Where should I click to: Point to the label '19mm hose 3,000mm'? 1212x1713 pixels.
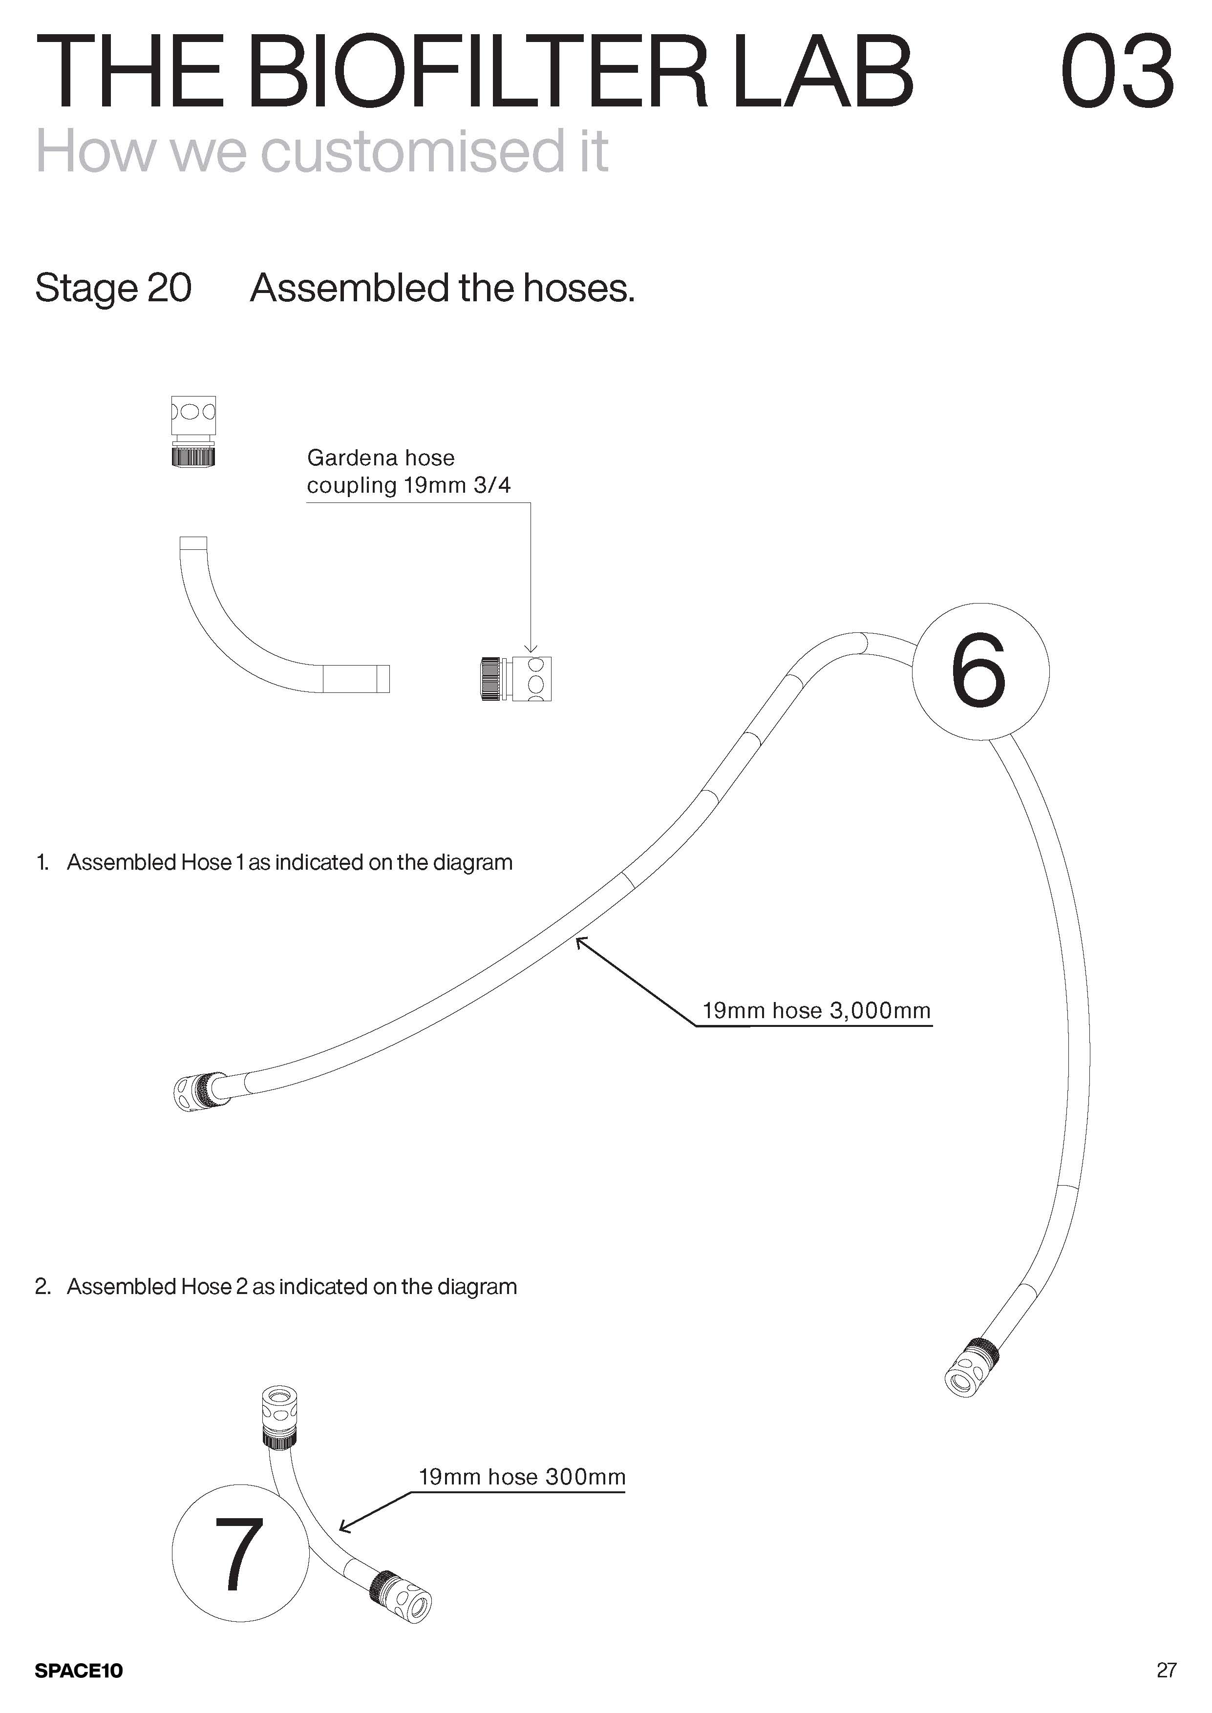coord(816,1011)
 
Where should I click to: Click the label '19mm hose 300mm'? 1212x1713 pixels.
coord(522,1477)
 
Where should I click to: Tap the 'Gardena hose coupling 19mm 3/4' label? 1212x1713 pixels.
coord(408,471)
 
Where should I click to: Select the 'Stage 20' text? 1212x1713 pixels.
coord(113,288)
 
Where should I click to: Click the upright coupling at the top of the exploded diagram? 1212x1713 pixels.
coord(193,431)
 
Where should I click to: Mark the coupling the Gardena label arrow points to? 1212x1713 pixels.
coord(515,678)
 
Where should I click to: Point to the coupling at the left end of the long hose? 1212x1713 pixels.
coord(198,1091)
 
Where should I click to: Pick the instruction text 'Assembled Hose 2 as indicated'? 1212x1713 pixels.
coord(291,1286)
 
